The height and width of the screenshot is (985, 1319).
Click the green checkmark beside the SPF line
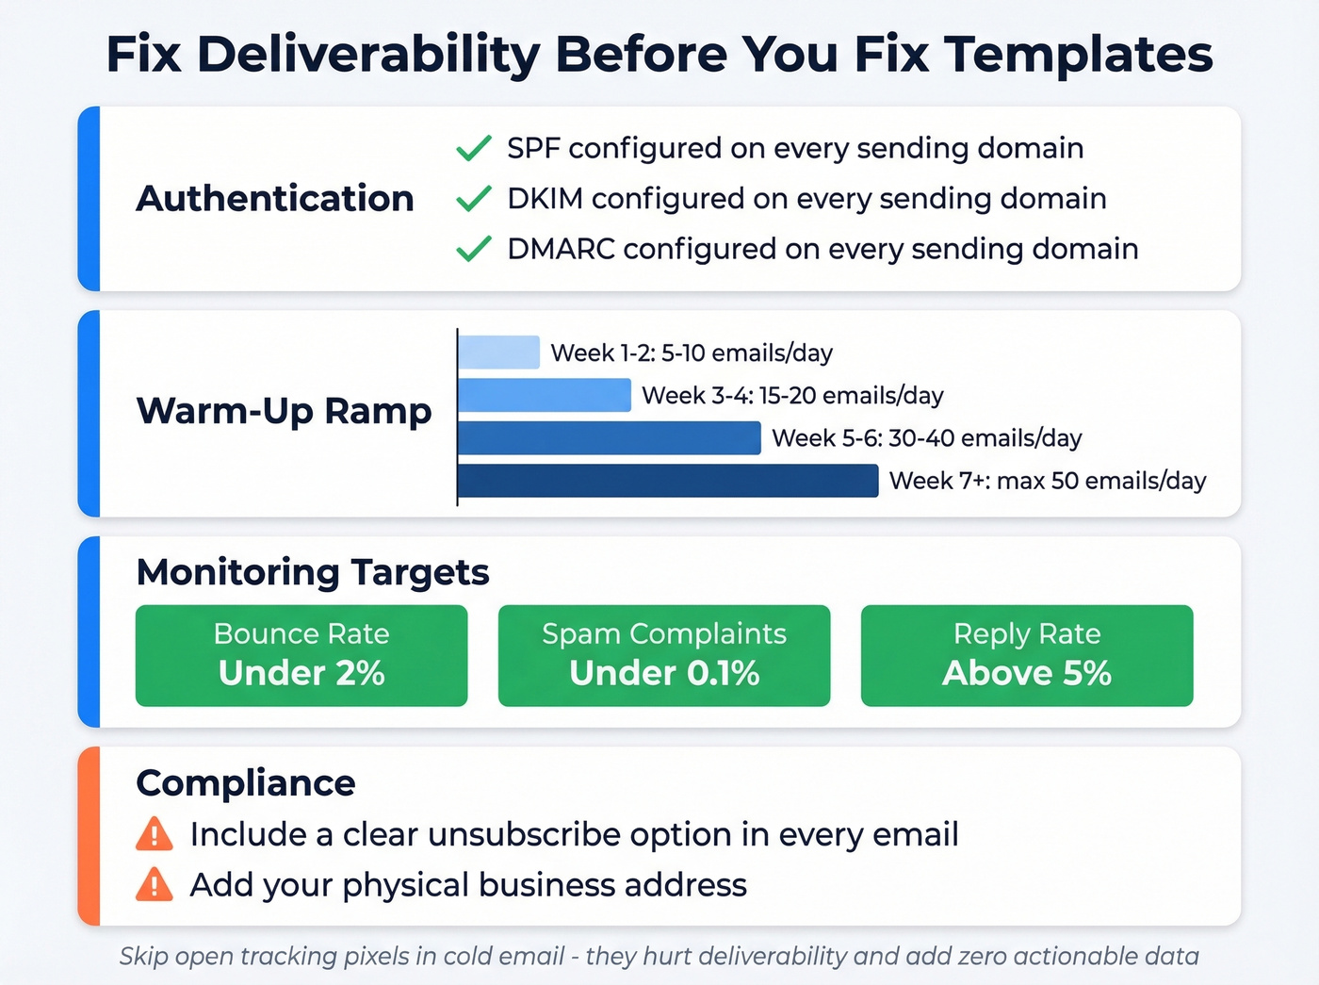(x=473, y=149)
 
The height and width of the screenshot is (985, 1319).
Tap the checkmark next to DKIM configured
(x=473, y=199)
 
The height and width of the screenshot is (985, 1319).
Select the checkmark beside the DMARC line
(x=473, y=249)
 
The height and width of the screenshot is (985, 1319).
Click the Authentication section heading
(x=275, y=199)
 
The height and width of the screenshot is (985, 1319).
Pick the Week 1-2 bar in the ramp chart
(x=499, y=353)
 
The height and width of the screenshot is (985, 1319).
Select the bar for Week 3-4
(x=545, y=395)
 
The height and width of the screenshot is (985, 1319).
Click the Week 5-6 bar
(x=610, y=438)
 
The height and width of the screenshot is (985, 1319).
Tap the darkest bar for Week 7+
(x=668, y=481)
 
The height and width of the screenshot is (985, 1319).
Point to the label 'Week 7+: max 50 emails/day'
(x=1048, y=481)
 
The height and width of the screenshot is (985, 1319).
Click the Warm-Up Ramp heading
(x=284, y=411)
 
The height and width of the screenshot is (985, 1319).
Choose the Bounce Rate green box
(x=301, y=655)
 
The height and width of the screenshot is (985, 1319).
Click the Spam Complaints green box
(x=664, y=655)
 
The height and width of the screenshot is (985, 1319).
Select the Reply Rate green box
(x=1027, y=655)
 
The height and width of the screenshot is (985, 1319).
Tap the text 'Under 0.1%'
(x=664, y=673)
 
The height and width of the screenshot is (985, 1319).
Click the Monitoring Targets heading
(x=313, y=572)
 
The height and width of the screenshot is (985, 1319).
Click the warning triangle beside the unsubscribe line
(x=155, y=834)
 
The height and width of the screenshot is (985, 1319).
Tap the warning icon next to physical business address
(x=155, y=885)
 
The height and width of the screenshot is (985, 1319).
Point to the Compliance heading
(x=246, y=783)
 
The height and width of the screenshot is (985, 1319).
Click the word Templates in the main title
(x=1079, y=54)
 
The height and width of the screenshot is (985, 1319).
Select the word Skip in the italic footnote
(x=143, y=956)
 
